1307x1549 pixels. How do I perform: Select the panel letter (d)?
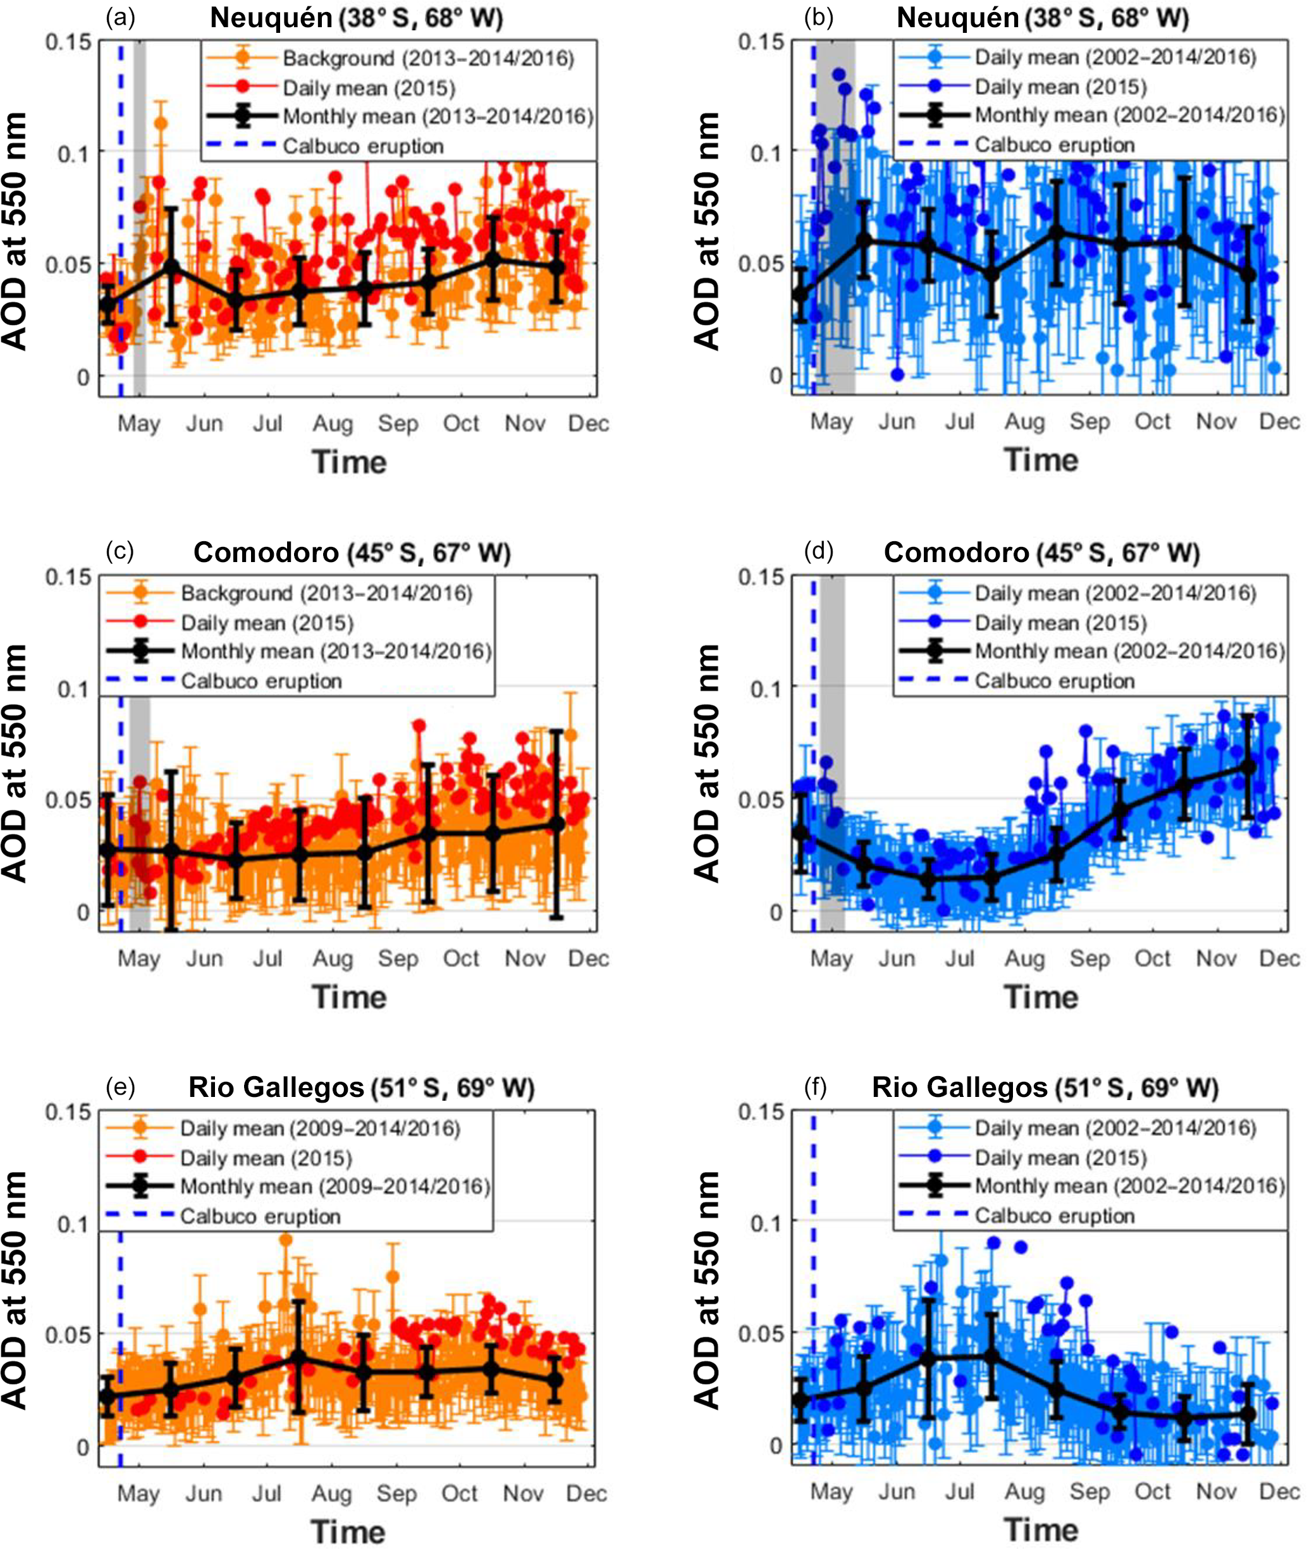[x=819, y=551]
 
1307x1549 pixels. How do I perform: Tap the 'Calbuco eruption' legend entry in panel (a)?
[x=363, y=146]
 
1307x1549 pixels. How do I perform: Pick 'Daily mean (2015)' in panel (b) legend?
[x=1060, y=87]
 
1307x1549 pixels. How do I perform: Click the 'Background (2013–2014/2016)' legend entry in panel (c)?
[x=326, y=594]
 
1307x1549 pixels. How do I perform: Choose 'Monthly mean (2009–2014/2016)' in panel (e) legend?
[x=335, y=1186]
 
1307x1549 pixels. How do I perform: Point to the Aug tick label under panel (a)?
[x=332, y=424]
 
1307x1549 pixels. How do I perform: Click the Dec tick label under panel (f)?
[x=1279, y=1491]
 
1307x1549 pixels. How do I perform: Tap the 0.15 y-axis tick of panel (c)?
[x=68, y=577]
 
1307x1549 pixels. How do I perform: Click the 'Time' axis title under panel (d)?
[x=1041, y=997]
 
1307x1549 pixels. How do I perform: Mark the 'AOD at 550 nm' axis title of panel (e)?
[x=15, y=1290]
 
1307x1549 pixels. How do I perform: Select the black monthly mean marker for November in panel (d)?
[x=1248, y=767]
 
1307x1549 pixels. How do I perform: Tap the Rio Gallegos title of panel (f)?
[x=1045, y=1087]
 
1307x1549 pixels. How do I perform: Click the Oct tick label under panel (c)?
[x=461, y=958]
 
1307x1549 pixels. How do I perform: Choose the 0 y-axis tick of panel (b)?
[x=775, y=376]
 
